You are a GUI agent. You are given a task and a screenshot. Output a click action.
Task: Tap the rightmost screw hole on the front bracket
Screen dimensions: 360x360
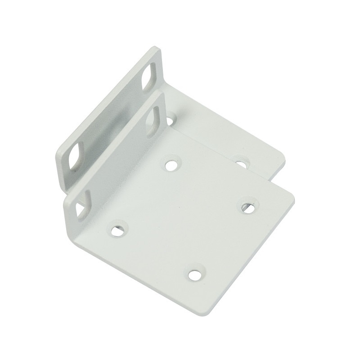pos(247,206)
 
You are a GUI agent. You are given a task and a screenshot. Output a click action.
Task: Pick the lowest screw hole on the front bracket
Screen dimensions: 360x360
pos(195,274)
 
